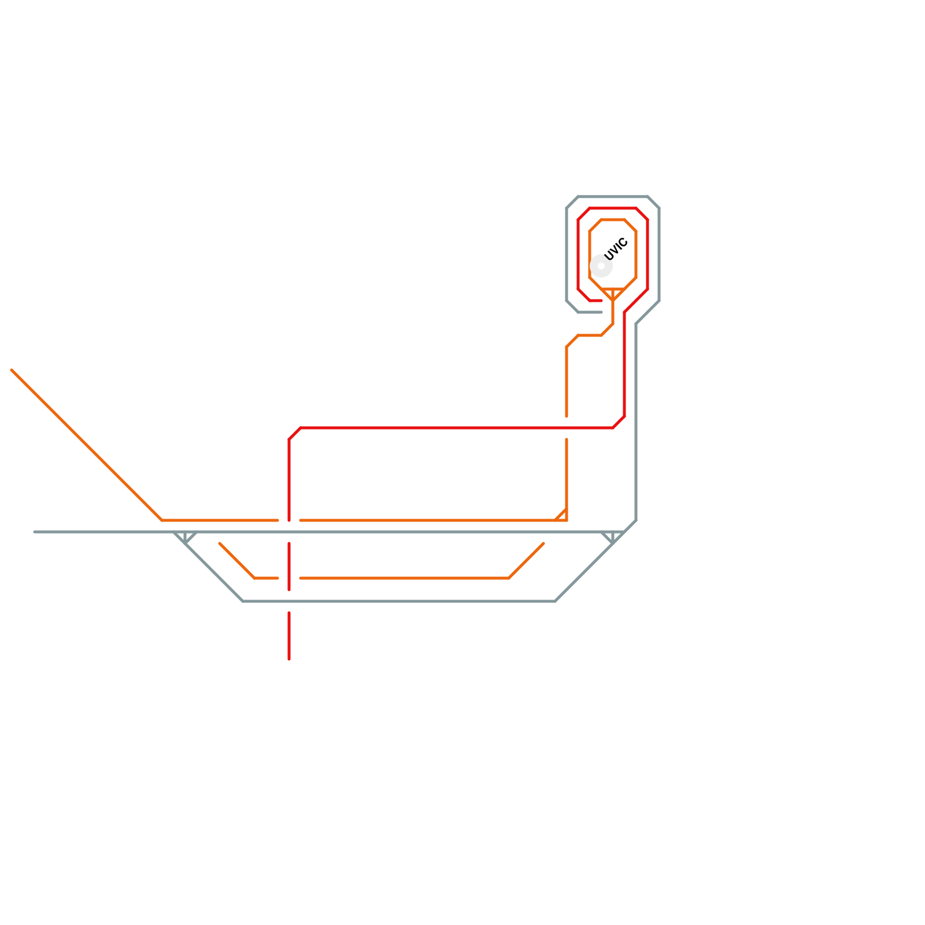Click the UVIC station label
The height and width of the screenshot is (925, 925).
click(616, 250)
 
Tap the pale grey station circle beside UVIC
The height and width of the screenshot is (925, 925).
click(601, 266)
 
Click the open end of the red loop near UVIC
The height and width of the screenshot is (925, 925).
click(601, 301)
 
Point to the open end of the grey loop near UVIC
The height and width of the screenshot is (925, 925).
click(601, 312)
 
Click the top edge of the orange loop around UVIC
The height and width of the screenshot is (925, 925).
click(613, 220)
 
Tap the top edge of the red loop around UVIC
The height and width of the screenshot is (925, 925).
click(613, 208)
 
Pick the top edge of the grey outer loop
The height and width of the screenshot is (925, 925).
click(613, 197)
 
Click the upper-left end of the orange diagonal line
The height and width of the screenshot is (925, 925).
click(12, 370)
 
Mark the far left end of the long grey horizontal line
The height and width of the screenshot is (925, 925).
click(35, 532)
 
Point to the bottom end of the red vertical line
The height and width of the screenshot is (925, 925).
click(289, 658)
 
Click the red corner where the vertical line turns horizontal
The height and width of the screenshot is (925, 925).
click(294, 434)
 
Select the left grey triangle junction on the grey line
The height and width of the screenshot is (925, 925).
click(185, 536)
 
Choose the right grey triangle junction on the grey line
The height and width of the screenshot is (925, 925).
click(613, 536)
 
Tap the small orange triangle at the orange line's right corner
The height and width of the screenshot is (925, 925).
click(563, 516)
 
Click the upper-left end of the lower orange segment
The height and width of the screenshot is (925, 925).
click(220, 543)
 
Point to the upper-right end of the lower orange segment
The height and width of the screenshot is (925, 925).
click(543, 543)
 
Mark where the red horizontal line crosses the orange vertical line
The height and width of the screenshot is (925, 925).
click(567, 428)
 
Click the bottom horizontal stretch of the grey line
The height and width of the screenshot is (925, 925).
click(399, 601)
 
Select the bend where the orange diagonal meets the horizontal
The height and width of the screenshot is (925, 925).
click(162, 520)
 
